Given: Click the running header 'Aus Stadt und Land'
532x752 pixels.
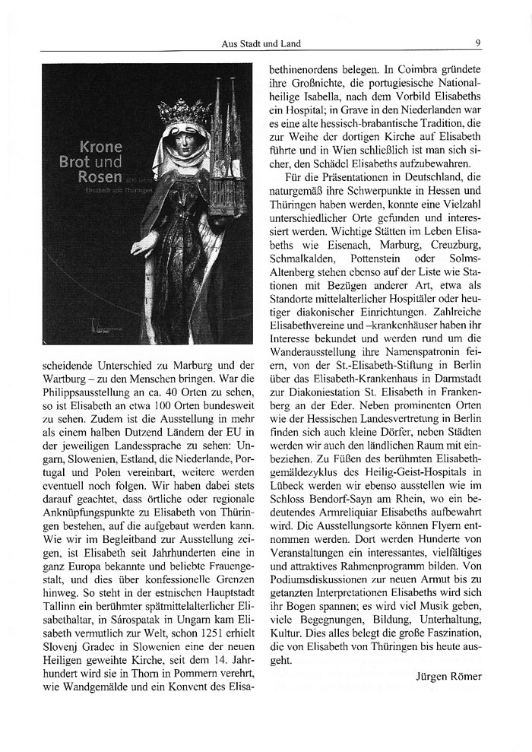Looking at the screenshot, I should pyautogui.click(x=255, y=43).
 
